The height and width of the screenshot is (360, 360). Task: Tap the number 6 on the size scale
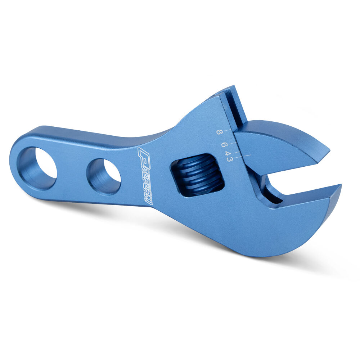coord(224,145)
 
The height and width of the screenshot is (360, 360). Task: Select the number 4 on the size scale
coord(228,153)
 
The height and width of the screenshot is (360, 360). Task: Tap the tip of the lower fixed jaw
coord(341,185)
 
